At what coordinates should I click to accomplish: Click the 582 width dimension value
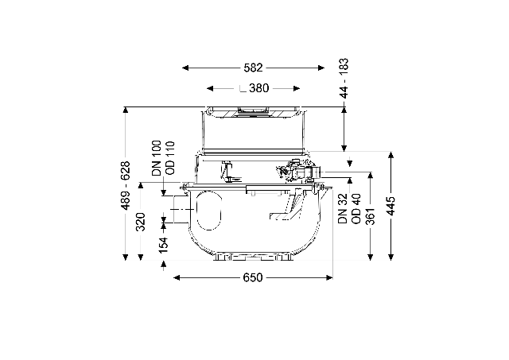point(253,68)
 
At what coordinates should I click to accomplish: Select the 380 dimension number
point(259,88)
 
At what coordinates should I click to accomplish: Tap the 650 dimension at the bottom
point(253,277)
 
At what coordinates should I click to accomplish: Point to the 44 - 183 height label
point(344,78)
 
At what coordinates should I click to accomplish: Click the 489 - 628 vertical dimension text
point(125,185)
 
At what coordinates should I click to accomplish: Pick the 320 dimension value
point(140,222)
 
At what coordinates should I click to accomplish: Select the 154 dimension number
point(164,245)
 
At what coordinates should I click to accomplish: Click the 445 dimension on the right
point(391,206)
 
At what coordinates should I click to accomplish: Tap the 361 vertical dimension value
point(370,216)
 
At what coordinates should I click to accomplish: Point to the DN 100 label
point(157,158)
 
